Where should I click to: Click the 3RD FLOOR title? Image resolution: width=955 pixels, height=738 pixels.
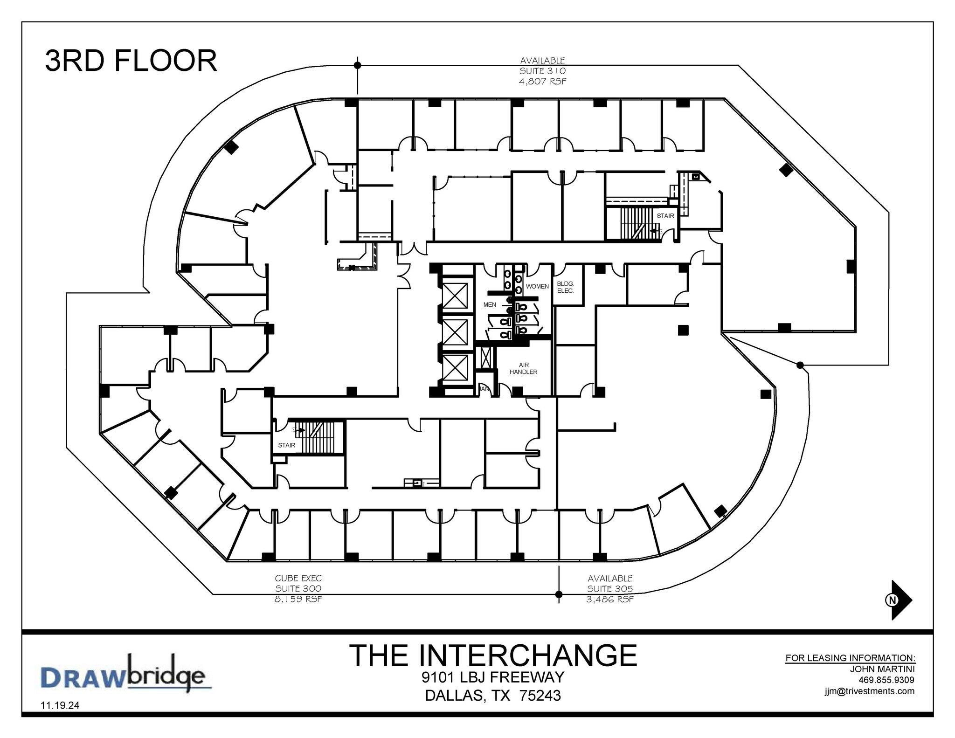[x=131, y=61]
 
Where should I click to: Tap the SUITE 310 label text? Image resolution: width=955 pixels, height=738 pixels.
[x=543, y=71]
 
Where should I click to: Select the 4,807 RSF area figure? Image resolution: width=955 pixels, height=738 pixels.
[x=543, y=81]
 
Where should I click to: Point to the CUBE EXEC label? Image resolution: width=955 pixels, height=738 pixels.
[x=298, y=579]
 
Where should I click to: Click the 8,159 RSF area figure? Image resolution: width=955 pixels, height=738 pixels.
[x=298, y=599]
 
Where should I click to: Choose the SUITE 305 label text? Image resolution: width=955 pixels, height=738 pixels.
[x=610, y=589]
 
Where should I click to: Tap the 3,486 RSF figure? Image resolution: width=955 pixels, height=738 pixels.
[x=610, y=599]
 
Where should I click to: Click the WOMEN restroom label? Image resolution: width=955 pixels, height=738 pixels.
[x=537, y=286]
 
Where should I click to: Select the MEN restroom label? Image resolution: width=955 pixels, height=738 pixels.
[x=490, y=304]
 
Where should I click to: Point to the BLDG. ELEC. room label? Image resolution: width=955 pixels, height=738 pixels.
[x=565, y=287]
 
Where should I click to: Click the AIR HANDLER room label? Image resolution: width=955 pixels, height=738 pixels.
[x=523, y=368]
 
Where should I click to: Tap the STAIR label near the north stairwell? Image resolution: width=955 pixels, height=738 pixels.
[x=665, y=216]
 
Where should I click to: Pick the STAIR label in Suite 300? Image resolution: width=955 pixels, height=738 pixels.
[x=286, y=445]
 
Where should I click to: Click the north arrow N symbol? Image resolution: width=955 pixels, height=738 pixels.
[x=893, y=600]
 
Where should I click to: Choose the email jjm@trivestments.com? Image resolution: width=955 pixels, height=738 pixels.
[x=869, y=691]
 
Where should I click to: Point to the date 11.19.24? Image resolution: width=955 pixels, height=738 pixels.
[x=60, y=705]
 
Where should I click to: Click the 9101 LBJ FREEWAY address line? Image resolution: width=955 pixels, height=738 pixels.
[x=493, y=677]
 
